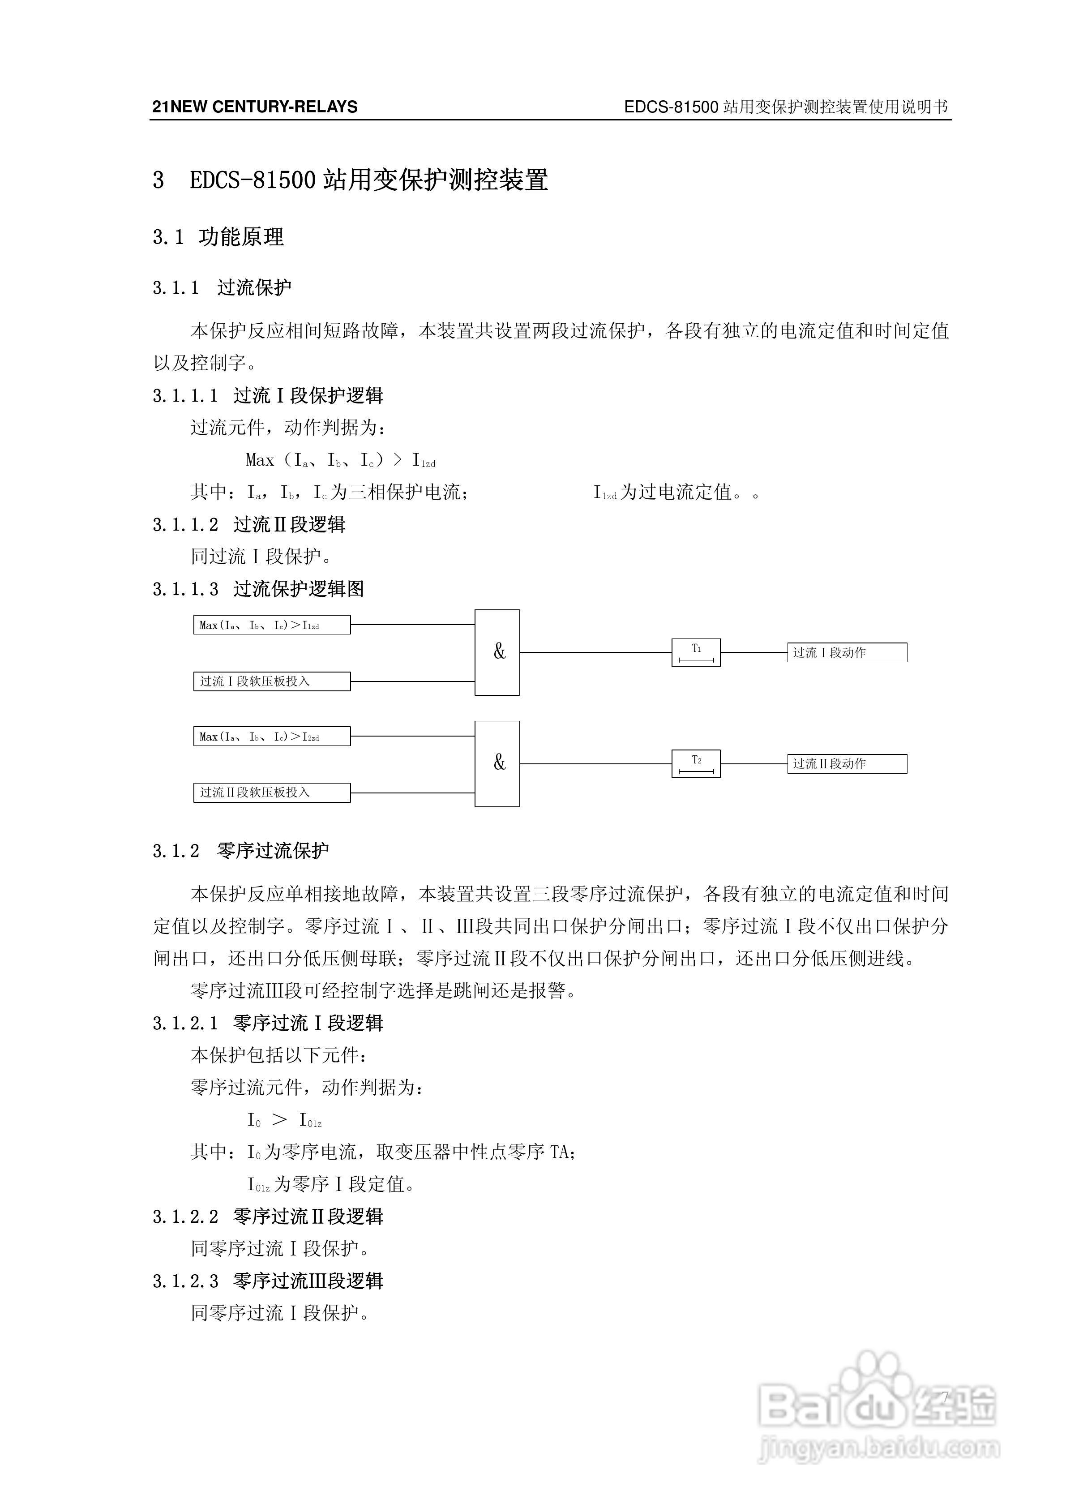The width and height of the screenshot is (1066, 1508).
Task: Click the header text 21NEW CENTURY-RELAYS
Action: pos(255,107)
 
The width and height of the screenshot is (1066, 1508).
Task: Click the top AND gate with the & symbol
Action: pos(497,652)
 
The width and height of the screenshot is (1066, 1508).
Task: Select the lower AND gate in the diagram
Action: pos(497,763)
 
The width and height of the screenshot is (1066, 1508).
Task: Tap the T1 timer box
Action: pos(696,652)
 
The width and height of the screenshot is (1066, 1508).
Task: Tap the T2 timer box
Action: pos(696,763)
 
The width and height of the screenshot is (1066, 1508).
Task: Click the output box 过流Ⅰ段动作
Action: pos(847,652)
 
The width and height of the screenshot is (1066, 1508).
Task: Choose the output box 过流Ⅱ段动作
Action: pos(847,763)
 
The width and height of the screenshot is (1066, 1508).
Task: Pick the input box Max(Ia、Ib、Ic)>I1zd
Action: pos(271,625)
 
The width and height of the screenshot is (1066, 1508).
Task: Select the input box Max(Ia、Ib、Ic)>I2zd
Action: pos(271,736)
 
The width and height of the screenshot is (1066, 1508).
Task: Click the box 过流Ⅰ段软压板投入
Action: pos(271,681)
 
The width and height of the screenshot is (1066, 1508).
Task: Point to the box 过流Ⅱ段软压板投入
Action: pos(271,792)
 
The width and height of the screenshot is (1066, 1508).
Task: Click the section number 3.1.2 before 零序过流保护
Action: pos(176,851)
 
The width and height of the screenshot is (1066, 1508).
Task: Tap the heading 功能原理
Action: pos(241,237)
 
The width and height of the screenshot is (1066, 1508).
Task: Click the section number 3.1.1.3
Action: pos(185,589)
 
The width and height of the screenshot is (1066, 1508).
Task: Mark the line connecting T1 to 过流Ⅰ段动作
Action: pos(753,652)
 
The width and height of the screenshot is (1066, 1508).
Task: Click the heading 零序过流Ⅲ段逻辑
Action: pos(308,1281)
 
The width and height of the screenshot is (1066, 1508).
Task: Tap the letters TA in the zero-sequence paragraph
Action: pos(560,1152)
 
